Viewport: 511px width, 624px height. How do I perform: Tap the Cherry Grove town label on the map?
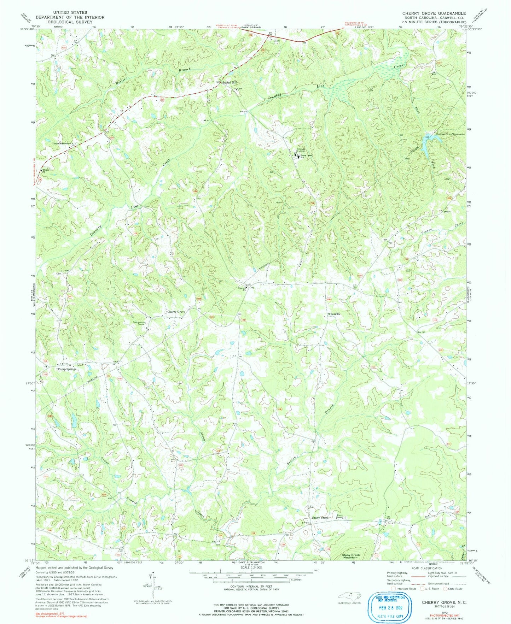(176, 312)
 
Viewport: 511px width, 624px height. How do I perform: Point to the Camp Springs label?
(67, 369)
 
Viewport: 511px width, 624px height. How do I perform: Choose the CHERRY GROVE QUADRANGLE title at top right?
(434, 13)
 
